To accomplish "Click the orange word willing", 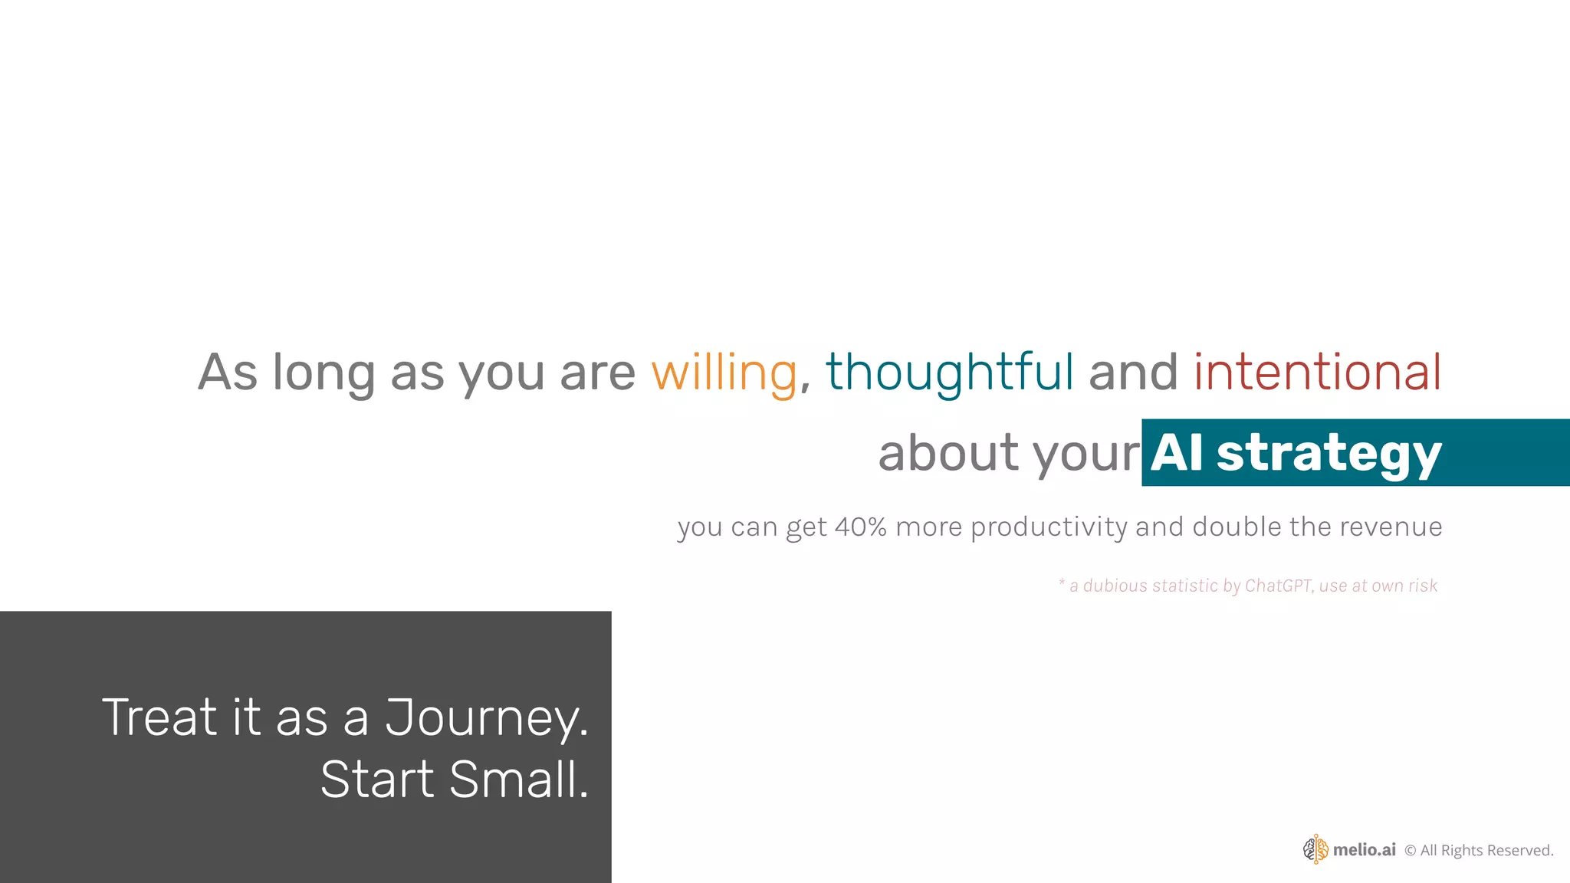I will click(724, 373).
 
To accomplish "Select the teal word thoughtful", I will click(949, 373).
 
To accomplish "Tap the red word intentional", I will click(1317, 373).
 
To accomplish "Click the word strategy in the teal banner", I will click(1329, 454).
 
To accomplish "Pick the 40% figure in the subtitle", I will click(860, 527).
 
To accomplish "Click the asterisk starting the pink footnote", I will click(1062, 583).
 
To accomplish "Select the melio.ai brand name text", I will click(1364, 849).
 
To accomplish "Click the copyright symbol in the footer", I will click(1410, 850).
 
